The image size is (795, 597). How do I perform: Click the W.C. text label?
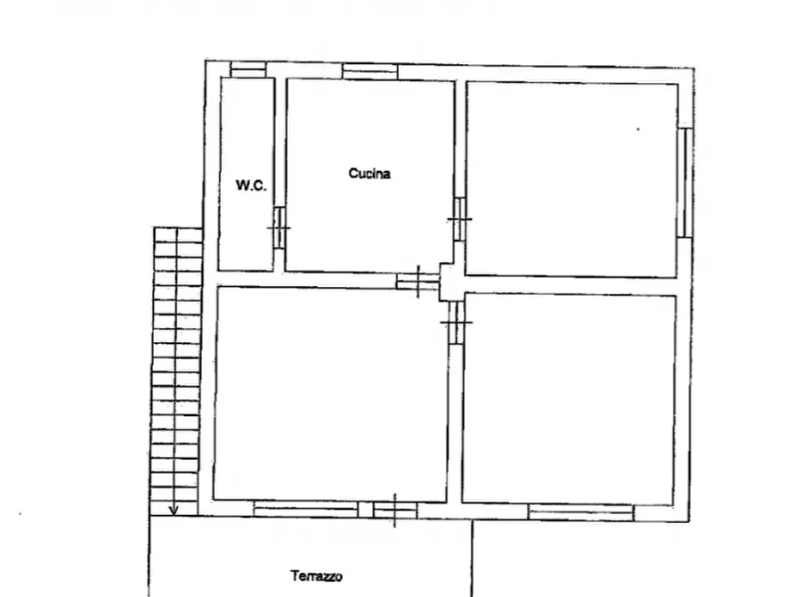point(251,185)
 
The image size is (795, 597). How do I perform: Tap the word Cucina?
point(369,174)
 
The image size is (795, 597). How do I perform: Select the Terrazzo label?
point(316,577)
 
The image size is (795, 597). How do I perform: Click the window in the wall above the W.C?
point(247,70)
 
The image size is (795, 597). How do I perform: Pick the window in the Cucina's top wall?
point(370,71)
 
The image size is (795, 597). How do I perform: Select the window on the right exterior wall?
point(685,183)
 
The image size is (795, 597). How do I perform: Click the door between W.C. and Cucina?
point(280,227)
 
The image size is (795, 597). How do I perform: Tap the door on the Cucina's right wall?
point(460,219)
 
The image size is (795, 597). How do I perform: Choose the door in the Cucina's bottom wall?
point(418,282)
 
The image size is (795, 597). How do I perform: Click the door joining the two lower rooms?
point(457,323)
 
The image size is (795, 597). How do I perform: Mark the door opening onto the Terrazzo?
point(395,511)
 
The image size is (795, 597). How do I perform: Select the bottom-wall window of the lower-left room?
point(305,509)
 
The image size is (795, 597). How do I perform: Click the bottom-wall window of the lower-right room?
point(581,512)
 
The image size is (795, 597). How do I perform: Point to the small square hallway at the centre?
point(451,282)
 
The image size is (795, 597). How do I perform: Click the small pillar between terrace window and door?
point(366,510)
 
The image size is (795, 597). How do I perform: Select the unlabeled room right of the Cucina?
point(572,180)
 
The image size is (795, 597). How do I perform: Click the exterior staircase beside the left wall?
point(176,371)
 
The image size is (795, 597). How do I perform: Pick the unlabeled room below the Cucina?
point(330,394)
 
